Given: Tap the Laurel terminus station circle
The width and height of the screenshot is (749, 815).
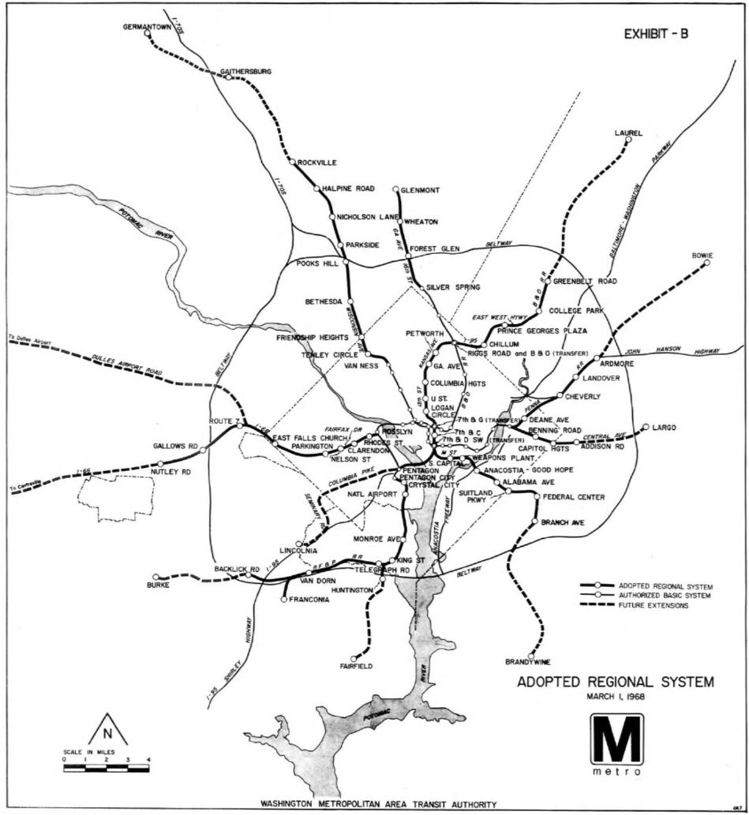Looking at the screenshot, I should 628,140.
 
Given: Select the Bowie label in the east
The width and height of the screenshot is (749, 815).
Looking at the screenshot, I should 702,255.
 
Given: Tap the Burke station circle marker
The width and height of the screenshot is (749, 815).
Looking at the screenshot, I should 156,577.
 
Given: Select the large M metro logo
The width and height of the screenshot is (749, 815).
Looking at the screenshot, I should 616,739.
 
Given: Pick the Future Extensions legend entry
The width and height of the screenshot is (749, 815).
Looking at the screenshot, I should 654,605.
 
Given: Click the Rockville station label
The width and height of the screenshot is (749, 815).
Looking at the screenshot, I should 317,163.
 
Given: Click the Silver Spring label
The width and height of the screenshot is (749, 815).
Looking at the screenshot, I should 453,287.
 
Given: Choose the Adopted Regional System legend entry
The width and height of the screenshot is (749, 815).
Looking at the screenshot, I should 665,586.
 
